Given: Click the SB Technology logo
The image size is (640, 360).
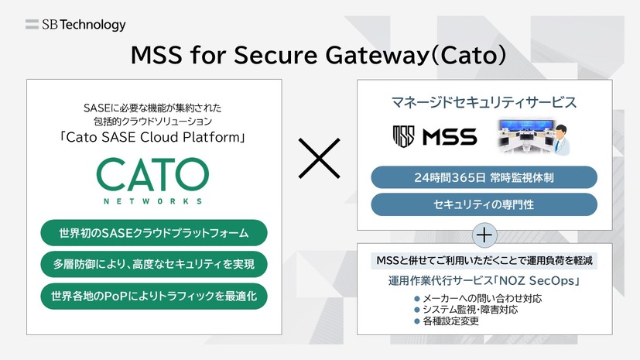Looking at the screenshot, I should click(x=75, y=25).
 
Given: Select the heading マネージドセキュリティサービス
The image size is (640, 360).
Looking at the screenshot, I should click(x=484, y=102).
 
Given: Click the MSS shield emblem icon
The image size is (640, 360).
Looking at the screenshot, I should click(x=404, y=138).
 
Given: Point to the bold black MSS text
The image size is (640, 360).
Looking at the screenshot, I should click(x=450, y=138).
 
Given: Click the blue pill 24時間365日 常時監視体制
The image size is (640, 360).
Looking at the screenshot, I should click(x=484, y=177).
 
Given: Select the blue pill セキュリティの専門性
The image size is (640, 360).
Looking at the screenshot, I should click(x=484, y=205).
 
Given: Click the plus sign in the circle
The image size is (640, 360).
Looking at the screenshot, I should click(x=484, y=234).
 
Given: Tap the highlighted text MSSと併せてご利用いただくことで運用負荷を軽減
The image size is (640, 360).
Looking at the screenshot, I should click(x=484, y=261).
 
